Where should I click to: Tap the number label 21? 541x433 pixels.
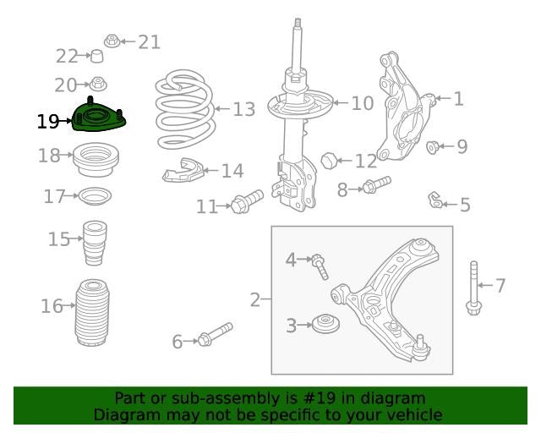coord(149,41)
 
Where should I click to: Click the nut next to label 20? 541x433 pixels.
coord(98,84)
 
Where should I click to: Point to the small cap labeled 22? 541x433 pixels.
coord(98,57)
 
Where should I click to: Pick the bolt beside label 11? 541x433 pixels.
coord(246,202)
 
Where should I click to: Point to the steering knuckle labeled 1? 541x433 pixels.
coord(406,110)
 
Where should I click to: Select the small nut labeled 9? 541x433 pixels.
coord(433,147)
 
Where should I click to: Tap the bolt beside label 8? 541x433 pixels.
coord(376,186)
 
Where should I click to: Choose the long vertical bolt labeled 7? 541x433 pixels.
coord(473,289)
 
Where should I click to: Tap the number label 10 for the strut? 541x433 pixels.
coord(362,104)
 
